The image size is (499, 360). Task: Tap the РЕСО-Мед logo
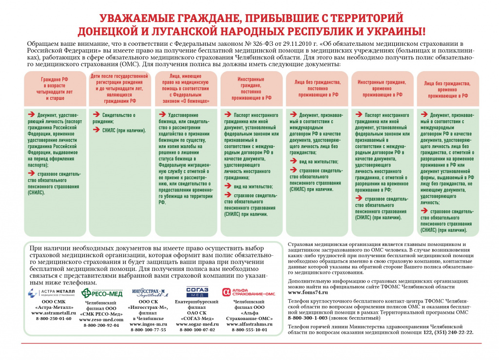(x=99, y=292)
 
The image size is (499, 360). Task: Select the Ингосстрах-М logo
(x=149, y=292)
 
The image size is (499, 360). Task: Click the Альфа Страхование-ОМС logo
(x=249, y=292)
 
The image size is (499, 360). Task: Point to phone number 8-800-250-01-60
(x=53, y=319)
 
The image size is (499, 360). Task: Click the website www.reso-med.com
(x=101, y=319)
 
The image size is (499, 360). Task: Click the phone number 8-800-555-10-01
(x=249, y=330)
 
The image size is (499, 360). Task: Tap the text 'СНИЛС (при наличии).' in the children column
(x=124, y=131)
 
